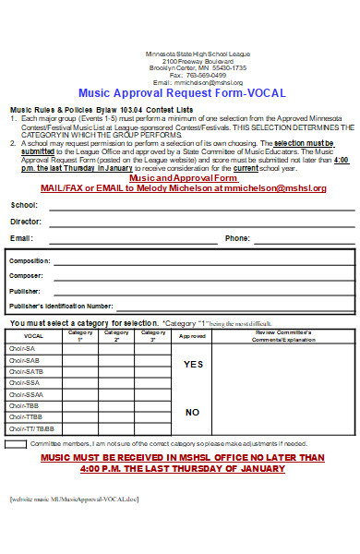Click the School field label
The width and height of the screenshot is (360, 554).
click(24, 205)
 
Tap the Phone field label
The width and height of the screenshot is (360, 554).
click(237, 238)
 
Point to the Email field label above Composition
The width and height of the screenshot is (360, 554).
click(22, 238)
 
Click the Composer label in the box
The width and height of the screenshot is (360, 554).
click(27, 276)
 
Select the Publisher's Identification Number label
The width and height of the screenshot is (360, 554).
click(61, 305)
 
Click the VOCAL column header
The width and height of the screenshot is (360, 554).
click(33, 336)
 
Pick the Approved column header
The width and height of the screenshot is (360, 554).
click(192, 336)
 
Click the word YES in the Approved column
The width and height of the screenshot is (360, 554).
click(193, 365)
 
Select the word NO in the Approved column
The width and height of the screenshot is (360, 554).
click(192, 412)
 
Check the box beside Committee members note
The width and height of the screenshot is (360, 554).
click(16, 444)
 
